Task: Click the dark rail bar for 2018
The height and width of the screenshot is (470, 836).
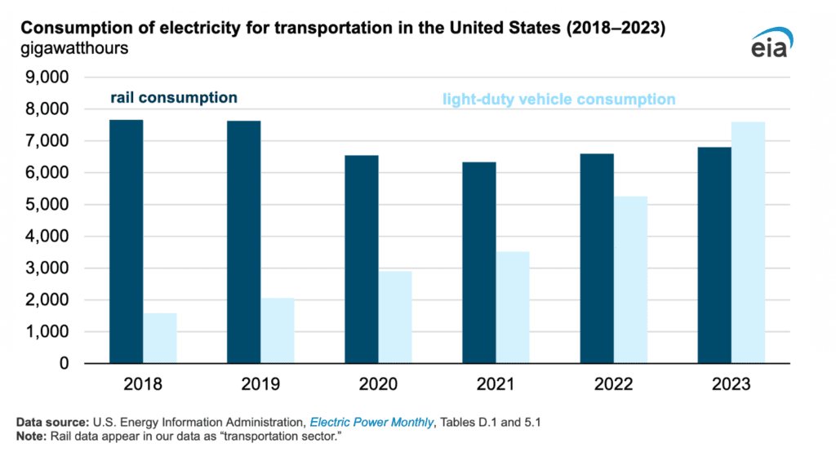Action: click(127, 242)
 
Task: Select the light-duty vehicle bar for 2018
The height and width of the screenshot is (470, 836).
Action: click(160, 338)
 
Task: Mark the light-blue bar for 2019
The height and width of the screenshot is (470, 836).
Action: click(278, 330)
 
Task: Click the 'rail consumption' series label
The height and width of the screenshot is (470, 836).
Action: click(174, 98)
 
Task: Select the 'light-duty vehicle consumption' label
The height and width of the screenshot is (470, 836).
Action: click(559, 100)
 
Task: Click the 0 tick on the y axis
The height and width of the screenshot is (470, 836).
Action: click(62, 364)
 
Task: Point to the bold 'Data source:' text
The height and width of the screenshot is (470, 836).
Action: click(53, 422)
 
